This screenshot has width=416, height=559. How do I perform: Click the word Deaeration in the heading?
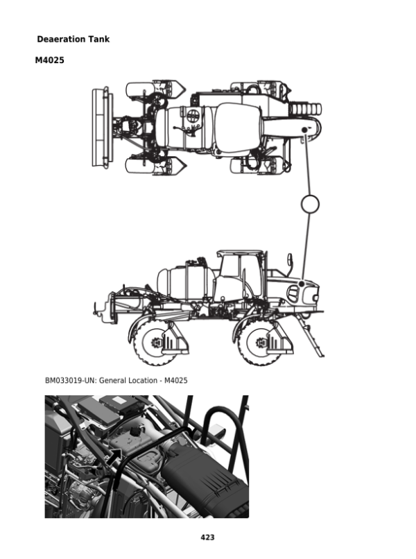[61, 40]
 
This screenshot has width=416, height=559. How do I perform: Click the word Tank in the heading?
[99, 40]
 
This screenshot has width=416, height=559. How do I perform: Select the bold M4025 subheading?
[49, 60]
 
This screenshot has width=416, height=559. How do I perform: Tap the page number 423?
[207, 537]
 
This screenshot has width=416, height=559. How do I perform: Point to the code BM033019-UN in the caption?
[70, 380]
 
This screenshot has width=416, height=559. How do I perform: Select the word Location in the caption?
[143, 380]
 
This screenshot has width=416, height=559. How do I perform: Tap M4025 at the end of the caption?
[175, 380]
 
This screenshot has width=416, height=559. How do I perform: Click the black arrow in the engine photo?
[114, 457]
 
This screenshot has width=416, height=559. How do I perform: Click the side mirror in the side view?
[290, 261]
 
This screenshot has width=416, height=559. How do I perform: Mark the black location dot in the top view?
[304, 130]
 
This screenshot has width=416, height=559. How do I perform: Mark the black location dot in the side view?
[301, 284]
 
